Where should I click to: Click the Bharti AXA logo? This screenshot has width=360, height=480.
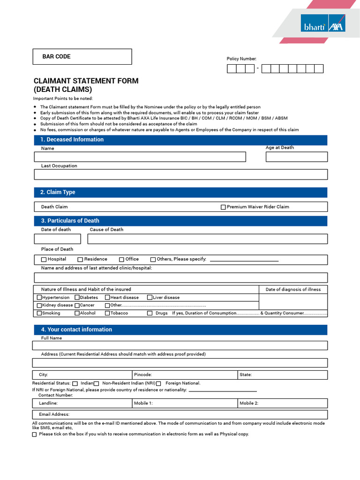[323, 23]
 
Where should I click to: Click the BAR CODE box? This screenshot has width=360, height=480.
[82, 57]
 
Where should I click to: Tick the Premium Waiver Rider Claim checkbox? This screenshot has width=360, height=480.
[223, 207]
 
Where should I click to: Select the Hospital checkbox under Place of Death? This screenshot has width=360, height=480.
[44, 259]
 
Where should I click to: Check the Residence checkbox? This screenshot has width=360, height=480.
[80, 259]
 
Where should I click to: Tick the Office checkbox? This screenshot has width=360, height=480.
[121, 259]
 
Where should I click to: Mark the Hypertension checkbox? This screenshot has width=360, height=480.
[39, 298]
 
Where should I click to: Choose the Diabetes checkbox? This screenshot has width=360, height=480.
[77, 298]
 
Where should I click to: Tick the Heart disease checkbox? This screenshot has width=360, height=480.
[107, 298]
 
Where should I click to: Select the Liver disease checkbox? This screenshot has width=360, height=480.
[150, 298]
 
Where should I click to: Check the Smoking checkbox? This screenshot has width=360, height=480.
[39, 313]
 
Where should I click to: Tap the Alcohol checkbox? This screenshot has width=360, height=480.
[77, 313]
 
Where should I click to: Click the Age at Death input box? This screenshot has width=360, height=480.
[296, 157]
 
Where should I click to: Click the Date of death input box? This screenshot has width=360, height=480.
[57, 239]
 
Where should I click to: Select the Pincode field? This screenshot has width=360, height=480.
[185, 375]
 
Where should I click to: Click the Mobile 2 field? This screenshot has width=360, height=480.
[283, 403]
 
